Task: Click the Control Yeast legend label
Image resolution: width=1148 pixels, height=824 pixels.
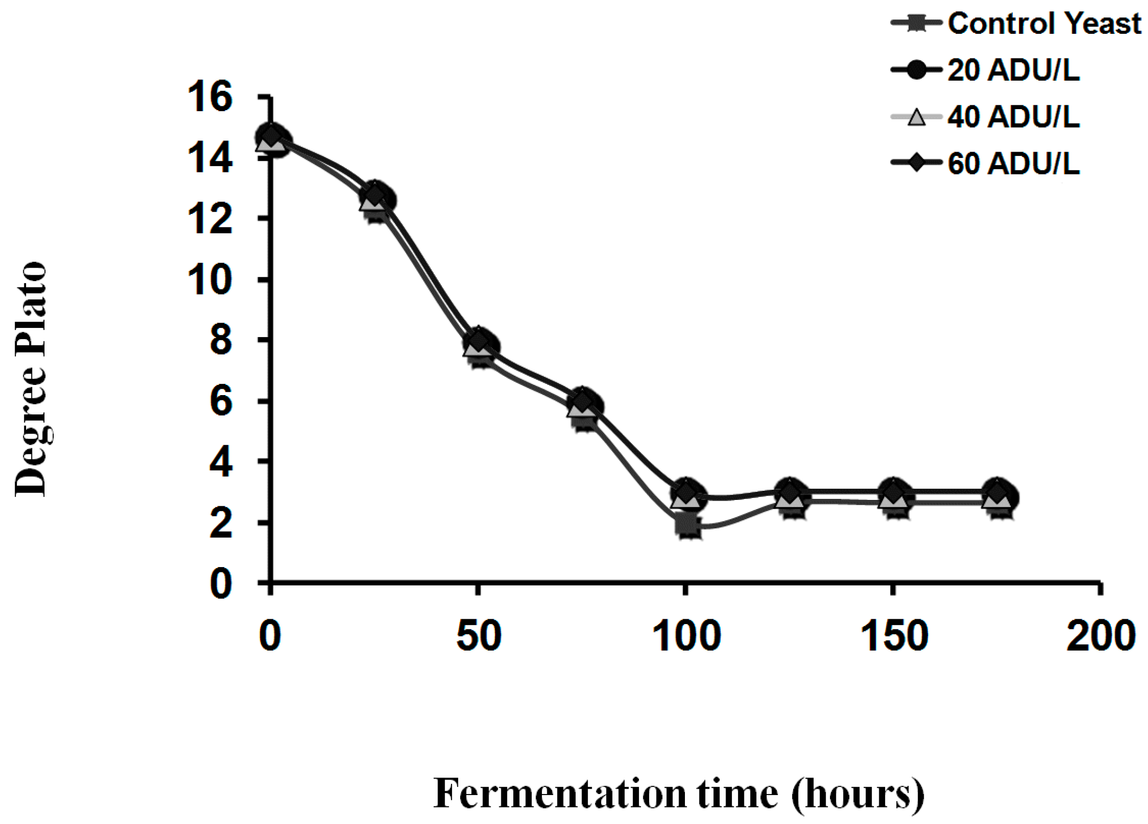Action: point(1044,24)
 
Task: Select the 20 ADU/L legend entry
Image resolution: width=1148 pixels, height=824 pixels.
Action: point(1013,71)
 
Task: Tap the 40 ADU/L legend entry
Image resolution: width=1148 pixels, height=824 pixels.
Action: point(1013,117)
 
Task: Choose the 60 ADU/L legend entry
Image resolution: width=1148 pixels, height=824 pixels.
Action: point(1013,163)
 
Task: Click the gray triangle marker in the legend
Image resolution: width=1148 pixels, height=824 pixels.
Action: point(916,117)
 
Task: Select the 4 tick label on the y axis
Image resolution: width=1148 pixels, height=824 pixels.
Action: point(221,462)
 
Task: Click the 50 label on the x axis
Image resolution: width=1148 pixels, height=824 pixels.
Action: point(479,636)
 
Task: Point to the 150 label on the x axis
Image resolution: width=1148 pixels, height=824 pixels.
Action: point(894,636)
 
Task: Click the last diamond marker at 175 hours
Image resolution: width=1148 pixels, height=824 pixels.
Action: point(997,492)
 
